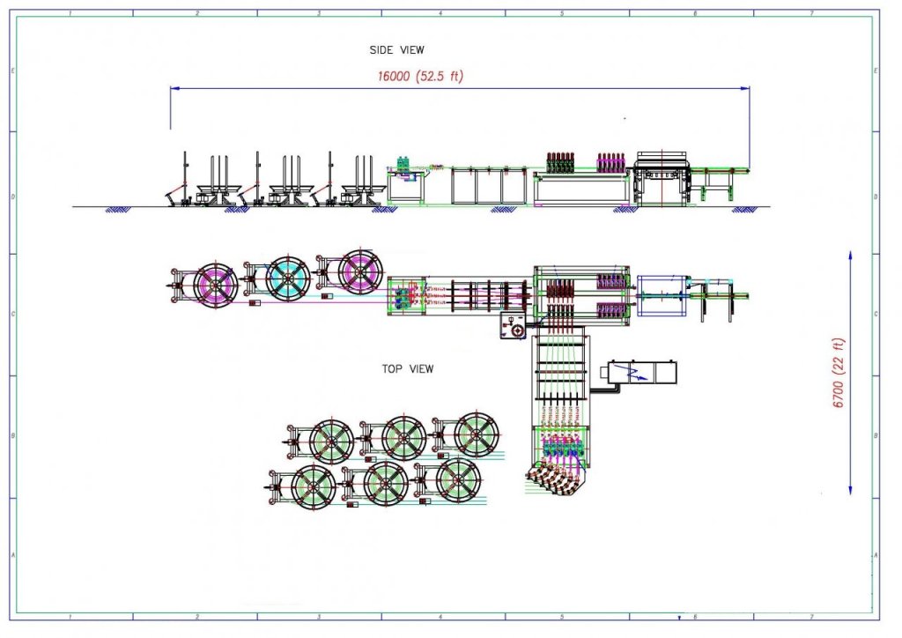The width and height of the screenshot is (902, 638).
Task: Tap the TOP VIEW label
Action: point(407,369)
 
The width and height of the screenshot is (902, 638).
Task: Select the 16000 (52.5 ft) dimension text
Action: point(420,77)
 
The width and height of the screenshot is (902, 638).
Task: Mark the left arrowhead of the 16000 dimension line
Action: point(174,88)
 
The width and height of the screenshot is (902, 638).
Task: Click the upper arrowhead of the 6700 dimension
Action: point(850,255)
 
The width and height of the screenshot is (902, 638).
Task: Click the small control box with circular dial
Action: point(512,326)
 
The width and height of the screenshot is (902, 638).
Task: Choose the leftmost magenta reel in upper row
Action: point(216,282)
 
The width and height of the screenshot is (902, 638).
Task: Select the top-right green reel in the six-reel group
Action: point(477,435)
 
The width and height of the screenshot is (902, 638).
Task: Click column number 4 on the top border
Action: point(440,13)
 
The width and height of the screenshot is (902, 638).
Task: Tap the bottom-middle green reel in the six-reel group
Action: point(386,483)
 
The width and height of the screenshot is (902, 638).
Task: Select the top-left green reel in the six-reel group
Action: point(331,440)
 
